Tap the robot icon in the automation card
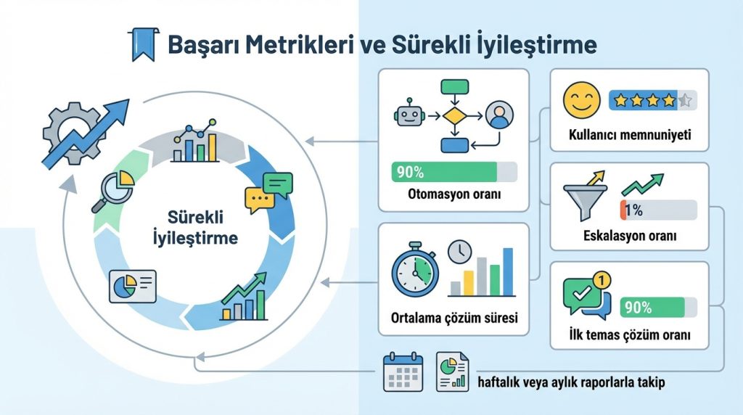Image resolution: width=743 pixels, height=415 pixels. [408, 115]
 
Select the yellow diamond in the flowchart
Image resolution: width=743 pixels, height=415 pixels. [453, 115]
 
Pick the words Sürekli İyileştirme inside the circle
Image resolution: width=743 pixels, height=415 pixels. [196, 227]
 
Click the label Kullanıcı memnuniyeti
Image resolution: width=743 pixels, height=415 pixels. [629, 135]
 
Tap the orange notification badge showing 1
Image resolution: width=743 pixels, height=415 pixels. [600, 278]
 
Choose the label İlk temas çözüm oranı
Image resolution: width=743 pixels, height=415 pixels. [629, 336]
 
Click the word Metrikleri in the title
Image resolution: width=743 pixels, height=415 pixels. [291, 45]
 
